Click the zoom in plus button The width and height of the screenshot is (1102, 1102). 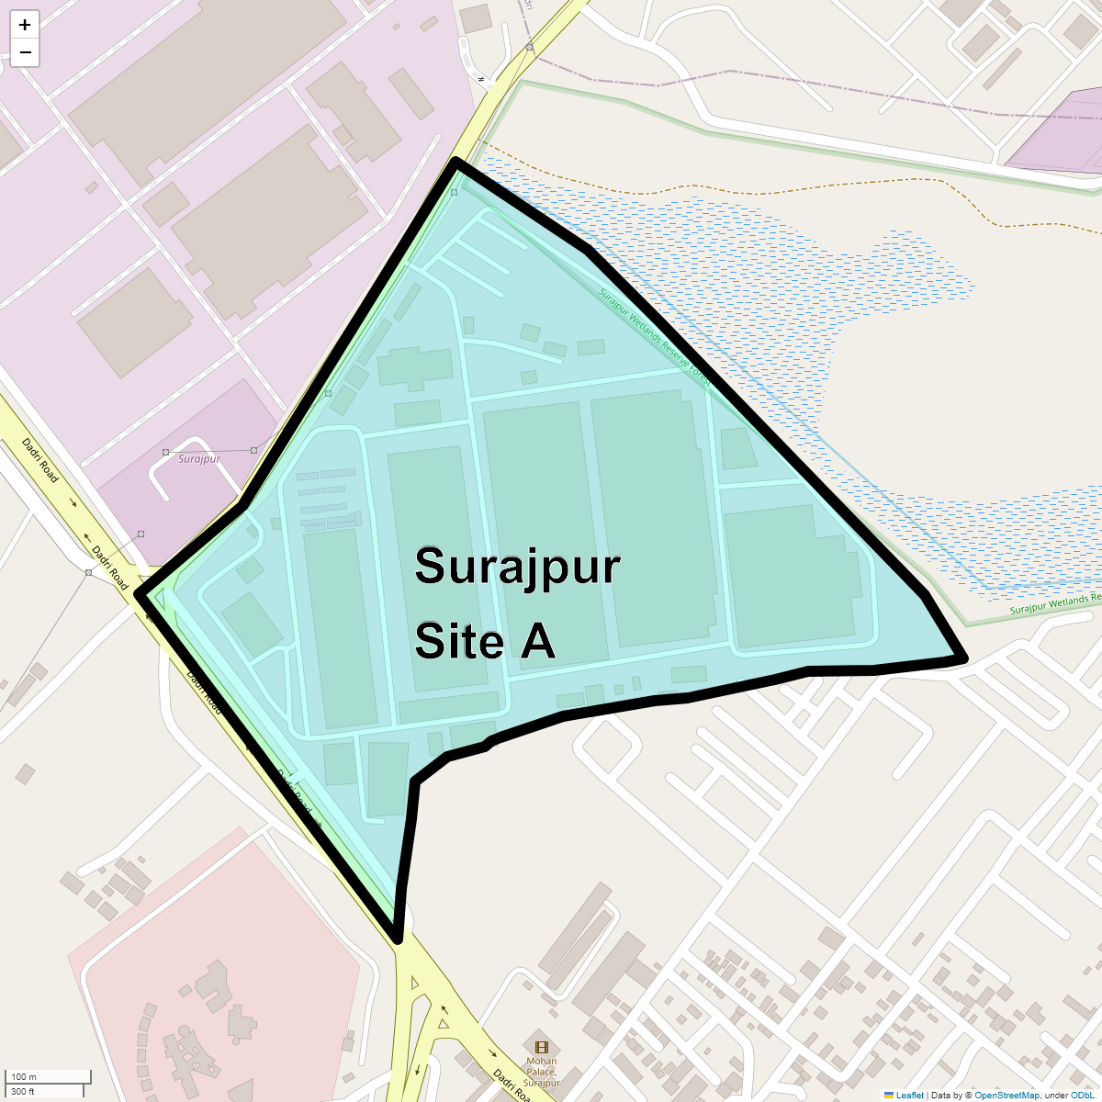pos(25,25)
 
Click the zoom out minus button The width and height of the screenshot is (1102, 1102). pos(25,52)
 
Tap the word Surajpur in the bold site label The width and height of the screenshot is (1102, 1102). pos(517,567)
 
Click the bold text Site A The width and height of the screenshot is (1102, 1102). pos(485,640)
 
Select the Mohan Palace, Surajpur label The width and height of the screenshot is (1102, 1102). pos(542,1072)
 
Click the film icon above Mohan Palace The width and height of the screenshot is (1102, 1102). pos(542,1047)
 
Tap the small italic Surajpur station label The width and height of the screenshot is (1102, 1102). pos(199,458)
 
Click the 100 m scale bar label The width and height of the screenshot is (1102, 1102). pos(24,1077)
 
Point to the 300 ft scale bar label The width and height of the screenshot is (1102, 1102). pos(23,1091)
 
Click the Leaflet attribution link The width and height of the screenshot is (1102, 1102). pos(909,1095)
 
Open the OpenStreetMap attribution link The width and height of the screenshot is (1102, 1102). pos(1006,1095)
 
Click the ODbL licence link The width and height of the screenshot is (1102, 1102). pos(1081,1095)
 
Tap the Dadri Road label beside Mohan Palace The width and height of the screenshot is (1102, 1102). pos(512,1085)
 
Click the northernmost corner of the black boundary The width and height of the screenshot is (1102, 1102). pos(455,163)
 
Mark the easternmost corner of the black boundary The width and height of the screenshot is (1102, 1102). pos(963,658)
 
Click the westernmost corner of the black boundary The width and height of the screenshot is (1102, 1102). pos(141,594)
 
